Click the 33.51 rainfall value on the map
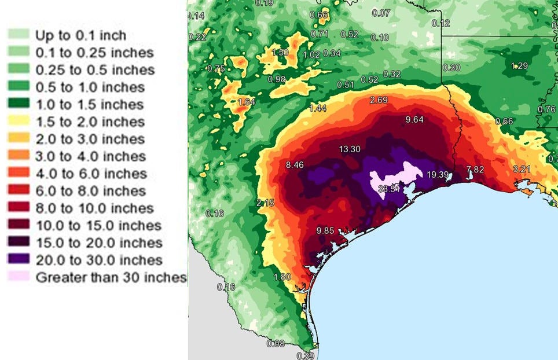click(x=388, y=189)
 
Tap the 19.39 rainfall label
click(x=438, y=175)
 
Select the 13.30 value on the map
click(x=350, y=149)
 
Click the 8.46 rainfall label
click(x=295, y=166)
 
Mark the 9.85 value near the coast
click(x=326, y=231)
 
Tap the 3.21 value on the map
click(x=522, y=169)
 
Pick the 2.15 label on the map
click(x=265, y=203)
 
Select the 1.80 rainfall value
click(x=282, y=277)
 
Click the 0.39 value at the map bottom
click(x=306, y=355)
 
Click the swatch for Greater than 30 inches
click(x=18, y=277)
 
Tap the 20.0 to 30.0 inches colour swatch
click(x=18, y=260)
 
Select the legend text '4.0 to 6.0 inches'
click(x=91, y=174)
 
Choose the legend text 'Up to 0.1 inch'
click(x=80, y=35)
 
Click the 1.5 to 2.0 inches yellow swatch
click(x=18, y=122)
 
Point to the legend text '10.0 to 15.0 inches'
click(x=98, y=226)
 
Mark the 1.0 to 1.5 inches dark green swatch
click(x=18, y=104)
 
